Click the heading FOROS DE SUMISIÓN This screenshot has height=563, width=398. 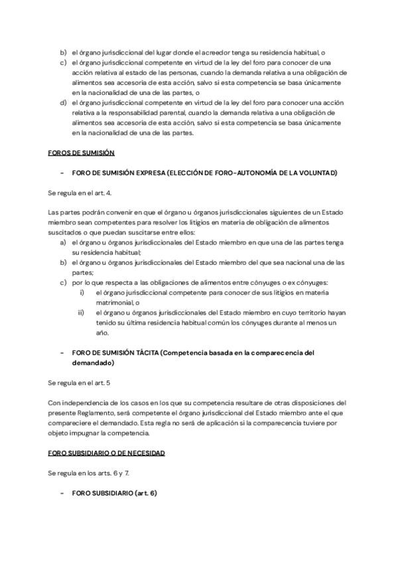tap(82, 153)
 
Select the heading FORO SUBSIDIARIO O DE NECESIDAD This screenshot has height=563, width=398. tap(107, 452)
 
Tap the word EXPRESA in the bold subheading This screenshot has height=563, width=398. tap(149, 173)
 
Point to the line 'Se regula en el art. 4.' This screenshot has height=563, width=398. tap(75, 193)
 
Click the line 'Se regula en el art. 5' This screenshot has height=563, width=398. tap(74, 383)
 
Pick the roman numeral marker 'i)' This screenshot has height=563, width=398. tap(82, 292)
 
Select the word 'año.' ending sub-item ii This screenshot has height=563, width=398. tap(102, 333)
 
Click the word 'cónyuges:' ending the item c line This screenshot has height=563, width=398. tap(315, 282)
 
